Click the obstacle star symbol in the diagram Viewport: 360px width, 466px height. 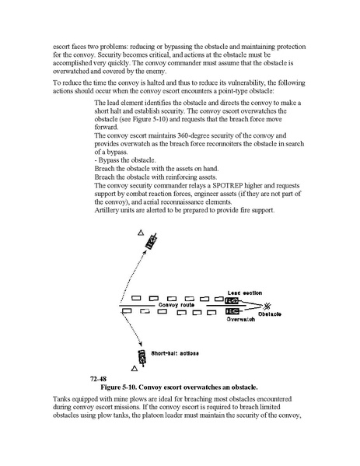(267, 306)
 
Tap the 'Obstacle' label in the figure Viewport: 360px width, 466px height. (270, 314)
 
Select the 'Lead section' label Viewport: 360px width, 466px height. (245, 293)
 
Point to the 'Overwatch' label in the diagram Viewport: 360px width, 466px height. (241, 319)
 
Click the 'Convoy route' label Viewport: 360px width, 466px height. (177, 305)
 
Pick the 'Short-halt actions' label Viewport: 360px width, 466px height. (175, 353)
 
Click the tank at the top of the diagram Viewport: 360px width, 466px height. (151, 241)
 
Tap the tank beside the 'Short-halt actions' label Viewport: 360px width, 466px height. (142, 358)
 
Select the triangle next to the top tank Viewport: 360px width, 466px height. (141, 233)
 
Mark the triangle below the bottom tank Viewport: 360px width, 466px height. (135, 369)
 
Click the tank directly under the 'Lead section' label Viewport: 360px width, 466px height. (232, 301)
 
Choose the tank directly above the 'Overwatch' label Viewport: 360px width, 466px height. (232, 311)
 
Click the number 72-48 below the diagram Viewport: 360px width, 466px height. (98, 379)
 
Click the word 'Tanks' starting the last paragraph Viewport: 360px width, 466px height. (61, 399)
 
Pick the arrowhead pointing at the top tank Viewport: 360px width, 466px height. (145, 251)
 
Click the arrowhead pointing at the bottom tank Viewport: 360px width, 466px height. (141, 344)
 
